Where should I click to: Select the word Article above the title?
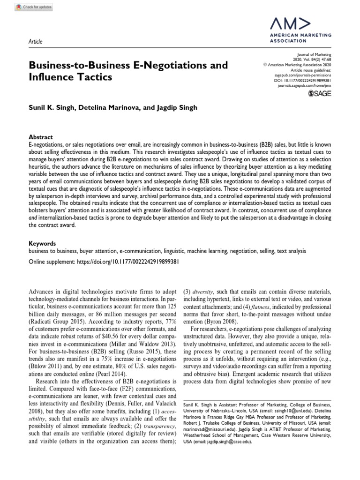(35, 41)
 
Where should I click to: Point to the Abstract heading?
(41, 137)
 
